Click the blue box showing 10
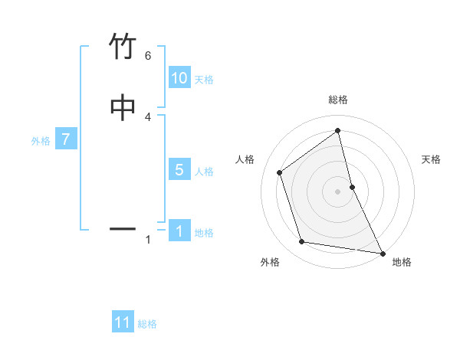point(179,79)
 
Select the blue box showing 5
point(179,170)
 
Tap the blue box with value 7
point(67,140)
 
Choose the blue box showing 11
point(123,322)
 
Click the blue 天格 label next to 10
point(204,80)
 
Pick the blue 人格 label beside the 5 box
point(204,172)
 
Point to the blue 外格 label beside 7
point(41,141)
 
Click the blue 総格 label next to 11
point(147,324)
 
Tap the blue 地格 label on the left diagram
point(204,233)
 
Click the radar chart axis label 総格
point(338,100)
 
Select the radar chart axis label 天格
point(432,159)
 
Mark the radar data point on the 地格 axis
point(382,252)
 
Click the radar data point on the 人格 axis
point(280,172)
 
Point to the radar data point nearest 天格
point(352,187)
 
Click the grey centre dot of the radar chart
point(338,191)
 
